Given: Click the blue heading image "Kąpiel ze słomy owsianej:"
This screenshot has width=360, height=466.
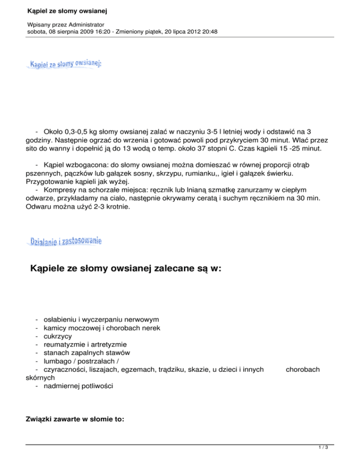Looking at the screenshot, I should coord(66,64).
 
